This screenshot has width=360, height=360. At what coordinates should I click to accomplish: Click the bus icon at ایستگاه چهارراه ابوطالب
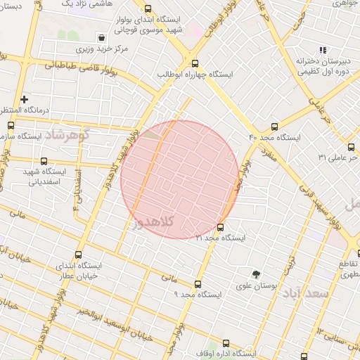[195, 63]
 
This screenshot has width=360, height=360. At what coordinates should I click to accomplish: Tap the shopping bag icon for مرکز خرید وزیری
[103, 37]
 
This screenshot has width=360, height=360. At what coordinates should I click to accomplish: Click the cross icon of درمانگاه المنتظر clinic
[25, 100]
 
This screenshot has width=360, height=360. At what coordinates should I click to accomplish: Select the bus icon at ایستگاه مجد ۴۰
[274, 127]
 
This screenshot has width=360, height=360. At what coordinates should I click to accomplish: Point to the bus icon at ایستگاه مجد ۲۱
[221, 227]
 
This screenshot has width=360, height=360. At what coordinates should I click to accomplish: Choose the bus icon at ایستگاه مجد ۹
[198, 285]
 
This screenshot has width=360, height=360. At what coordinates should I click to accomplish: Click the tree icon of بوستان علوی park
[256, 275]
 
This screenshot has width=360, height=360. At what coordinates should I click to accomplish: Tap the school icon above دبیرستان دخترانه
[323, 50]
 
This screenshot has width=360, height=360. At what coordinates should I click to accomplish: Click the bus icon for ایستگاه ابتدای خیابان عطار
[77, 255]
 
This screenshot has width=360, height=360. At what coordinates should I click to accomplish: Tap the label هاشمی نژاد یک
[86, 4]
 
